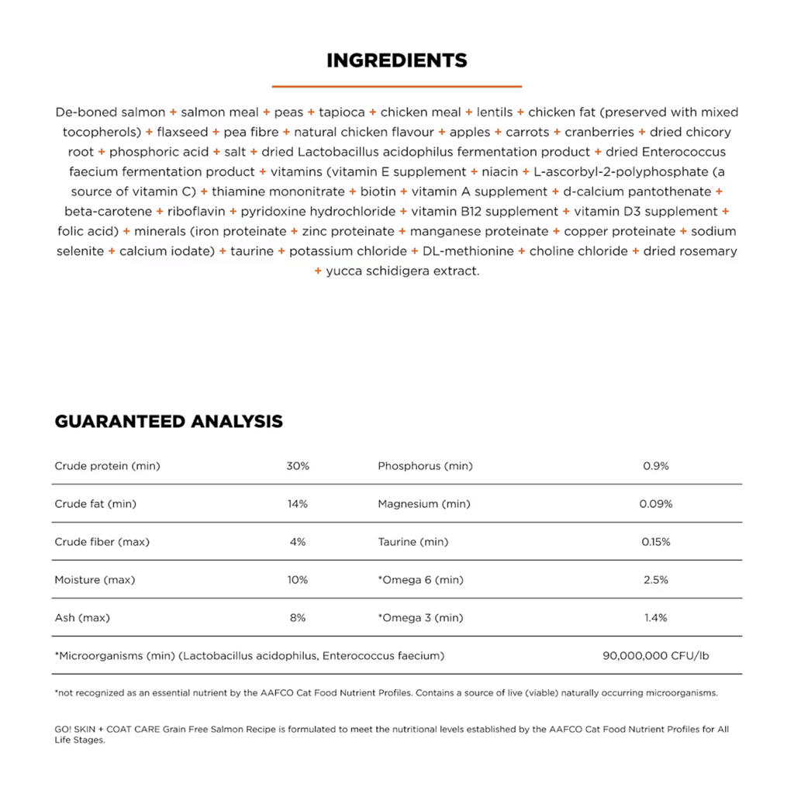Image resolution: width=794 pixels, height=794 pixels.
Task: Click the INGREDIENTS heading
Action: coord(396,60)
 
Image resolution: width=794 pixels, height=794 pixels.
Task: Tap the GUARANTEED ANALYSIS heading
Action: coord(168,422)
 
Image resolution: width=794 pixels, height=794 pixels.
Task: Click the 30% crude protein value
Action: coord(298,466)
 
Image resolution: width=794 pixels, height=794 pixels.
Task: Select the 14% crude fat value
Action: coord(298,504)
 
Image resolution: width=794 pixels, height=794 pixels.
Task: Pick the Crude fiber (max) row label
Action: coord(102,542)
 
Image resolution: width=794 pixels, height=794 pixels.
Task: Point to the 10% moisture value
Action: coord(298,580)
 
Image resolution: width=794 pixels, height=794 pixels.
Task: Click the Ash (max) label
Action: coord(82,618)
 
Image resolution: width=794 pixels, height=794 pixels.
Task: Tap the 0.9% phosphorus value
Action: coord(655,466)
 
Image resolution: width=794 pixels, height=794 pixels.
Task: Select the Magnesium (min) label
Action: coord(423,504)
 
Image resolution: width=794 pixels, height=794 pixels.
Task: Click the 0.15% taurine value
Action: coord(655,542)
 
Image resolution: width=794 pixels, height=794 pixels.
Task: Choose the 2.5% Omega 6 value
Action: coord(655,580)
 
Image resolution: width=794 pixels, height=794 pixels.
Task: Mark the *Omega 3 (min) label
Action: coord(420,618)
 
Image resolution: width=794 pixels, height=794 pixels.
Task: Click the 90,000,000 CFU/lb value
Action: coord(655,656)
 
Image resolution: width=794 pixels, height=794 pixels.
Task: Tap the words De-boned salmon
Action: coord(110,112)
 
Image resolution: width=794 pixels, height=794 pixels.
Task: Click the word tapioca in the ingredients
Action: coord(342,112)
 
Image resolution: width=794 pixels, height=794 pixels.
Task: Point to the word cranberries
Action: coord(599,133)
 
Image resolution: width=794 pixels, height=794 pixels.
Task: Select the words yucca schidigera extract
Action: coord(403,271)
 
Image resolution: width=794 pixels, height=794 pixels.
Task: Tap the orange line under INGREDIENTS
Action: coord(396,86)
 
